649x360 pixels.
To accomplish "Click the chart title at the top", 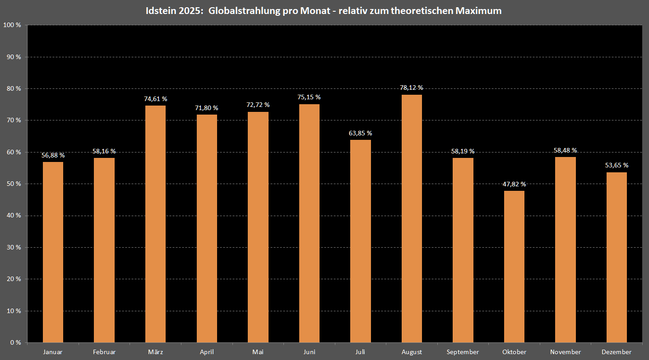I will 324,11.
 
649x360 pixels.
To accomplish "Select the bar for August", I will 412,219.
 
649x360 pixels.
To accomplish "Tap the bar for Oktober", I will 514,267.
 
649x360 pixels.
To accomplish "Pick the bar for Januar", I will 53,252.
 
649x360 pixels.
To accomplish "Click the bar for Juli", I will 360,241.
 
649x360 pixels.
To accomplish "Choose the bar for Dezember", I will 617,257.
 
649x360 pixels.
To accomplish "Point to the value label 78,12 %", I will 412,88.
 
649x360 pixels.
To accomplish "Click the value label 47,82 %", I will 514,184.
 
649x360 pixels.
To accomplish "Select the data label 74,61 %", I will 156,99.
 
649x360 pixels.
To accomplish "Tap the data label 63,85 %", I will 360,133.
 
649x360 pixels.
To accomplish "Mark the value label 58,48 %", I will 566,150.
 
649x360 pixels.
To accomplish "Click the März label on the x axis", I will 156,352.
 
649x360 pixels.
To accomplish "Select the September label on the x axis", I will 463,352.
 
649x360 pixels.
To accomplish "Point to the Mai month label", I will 258,352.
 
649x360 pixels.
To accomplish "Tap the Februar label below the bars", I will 104,352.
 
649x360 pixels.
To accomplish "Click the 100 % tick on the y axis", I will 12,25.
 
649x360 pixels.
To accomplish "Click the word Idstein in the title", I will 160,11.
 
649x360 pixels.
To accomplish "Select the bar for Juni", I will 309,223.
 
